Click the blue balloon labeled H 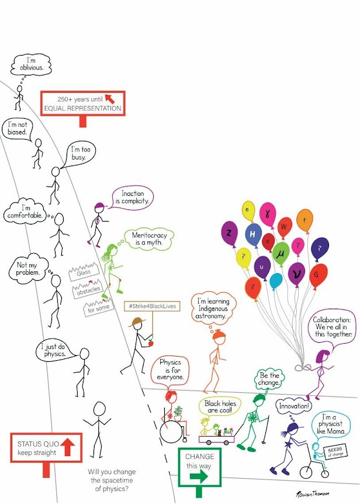[253, 233]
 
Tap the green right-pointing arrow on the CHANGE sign [199, 477]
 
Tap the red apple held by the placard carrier [150, 342]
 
